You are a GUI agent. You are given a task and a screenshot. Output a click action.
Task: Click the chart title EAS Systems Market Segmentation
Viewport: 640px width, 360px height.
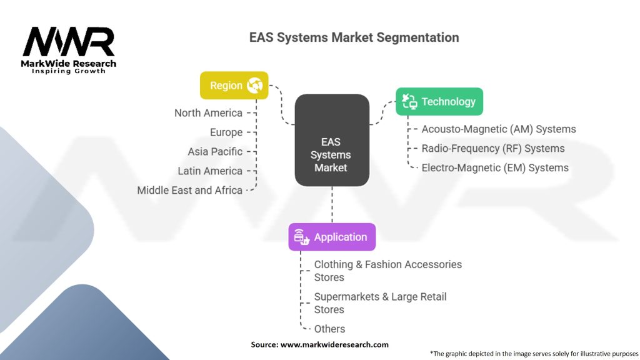pos(354,37)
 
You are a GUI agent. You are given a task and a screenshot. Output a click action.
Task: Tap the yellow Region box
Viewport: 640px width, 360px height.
pos(234,85)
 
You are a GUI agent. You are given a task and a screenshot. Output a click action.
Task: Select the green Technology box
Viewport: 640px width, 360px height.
pos(439,101)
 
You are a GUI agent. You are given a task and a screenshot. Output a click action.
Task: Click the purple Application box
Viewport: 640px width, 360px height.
pos(332,237)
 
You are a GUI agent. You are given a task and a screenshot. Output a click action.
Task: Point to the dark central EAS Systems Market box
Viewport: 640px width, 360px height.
pos(332,140)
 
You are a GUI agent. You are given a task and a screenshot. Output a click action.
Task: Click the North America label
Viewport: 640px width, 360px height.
pos(208,113)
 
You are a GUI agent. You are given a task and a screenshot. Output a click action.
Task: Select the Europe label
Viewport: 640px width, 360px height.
pos(226,132)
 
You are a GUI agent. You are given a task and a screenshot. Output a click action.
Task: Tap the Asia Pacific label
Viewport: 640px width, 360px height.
pos(215,152)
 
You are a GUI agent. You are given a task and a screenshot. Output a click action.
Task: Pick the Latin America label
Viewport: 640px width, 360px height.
pos(210,171)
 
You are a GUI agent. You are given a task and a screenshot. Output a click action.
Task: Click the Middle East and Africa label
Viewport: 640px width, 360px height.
pos(189,190)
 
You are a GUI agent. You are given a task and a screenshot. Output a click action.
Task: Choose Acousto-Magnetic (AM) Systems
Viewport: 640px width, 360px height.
pos(499,129)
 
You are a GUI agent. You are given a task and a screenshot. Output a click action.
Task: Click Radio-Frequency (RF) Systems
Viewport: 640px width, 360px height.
pos(493,149)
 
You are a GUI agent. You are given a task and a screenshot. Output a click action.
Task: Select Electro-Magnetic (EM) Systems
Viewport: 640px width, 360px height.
pos(495,167)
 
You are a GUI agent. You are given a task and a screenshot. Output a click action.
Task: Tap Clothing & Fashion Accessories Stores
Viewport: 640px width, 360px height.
pos(387,271)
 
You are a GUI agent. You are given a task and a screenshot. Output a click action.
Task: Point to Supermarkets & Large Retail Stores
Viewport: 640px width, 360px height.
pos(380,303)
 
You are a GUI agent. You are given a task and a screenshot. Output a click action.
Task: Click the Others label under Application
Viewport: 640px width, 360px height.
pos(329,329)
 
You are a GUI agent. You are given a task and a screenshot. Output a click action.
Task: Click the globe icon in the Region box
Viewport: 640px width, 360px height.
pos(255,85)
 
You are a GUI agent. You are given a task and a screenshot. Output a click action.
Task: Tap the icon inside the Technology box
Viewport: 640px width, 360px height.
pos(409,101)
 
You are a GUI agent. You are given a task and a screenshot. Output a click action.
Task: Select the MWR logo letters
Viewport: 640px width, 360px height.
pos(69,42)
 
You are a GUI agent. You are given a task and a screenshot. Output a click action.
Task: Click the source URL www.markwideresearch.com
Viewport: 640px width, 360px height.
pos(334,344)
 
